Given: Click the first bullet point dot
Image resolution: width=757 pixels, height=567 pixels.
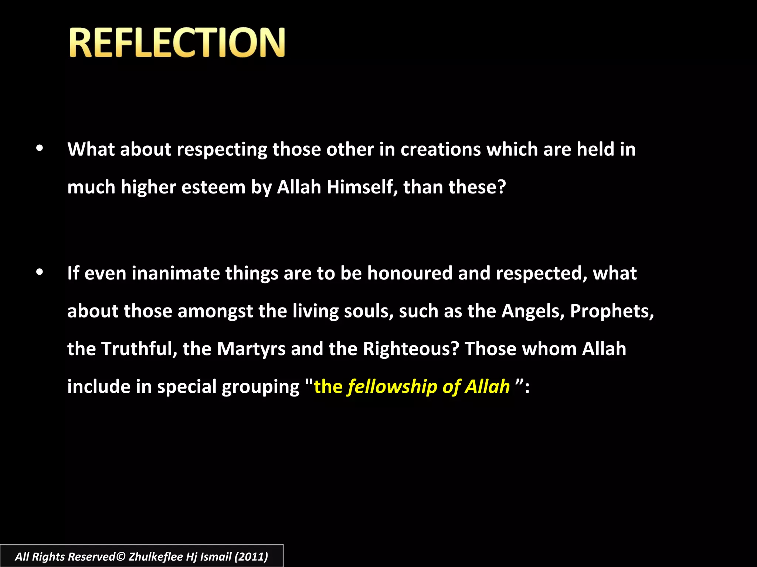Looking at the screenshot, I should (x=40, y=148).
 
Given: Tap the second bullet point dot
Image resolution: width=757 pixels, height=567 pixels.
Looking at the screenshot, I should (x=40, y=272).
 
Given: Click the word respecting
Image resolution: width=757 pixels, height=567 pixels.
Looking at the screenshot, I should (x=222, y=150).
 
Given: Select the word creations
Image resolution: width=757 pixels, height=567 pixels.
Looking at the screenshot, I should (x=441, y=150).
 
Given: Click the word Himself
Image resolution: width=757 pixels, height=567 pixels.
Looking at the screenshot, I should (x=362, y=187).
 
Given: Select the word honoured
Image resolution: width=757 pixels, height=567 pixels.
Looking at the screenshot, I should (x=410, y=274).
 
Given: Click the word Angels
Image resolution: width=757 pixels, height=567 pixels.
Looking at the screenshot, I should (x=533, y=311).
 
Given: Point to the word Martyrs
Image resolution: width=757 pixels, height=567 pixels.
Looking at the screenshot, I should (x=251, y=349).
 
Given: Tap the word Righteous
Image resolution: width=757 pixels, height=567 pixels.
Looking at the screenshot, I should (x=411, y=349).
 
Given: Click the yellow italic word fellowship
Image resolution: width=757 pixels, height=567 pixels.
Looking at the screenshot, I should (x=392, y=387).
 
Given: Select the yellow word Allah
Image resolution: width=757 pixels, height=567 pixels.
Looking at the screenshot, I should (x=488, y=386).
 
